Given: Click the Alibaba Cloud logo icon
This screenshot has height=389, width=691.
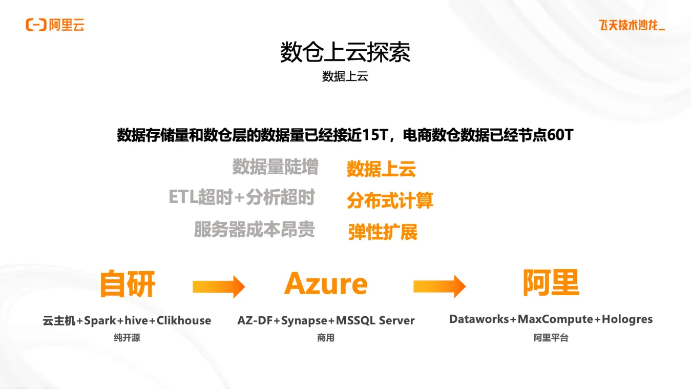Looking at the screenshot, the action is click(x=36, y=24).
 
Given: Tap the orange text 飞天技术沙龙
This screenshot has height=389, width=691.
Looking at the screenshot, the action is click(x=632, y=25).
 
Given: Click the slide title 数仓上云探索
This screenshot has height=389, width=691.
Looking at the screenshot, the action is click(x=345, y=52).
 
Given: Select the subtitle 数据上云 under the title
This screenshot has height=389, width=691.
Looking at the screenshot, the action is click(x=345, y=77).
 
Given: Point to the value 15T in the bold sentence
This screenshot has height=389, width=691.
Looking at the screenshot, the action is click(x=376, y=135).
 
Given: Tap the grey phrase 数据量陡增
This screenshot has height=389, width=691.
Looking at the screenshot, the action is click(x=275, y=167).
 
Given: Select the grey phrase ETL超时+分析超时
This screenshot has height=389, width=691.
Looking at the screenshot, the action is click(x=241, y=197).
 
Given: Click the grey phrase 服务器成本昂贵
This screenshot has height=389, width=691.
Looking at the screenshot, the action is click(x=254, y=229).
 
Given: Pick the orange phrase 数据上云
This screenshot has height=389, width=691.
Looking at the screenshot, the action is click(x=381, y=169).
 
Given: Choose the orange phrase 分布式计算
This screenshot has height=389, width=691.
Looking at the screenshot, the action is click(x=390, y=200).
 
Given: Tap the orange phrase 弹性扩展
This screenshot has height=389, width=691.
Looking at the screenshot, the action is click(x=383, y=232).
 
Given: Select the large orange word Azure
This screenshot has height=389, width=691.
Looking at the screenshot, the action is click(x=326, y=283).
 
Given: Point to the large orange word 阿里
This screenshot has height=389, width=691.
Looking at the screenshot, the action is click(x=551, y=282).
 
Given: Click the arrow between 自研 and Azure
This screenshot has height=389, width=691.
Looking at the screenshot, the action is click(x=219, y=286).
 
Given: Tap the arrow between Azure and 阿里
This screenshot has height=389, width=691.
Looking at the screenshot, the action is click(x=439, y=286).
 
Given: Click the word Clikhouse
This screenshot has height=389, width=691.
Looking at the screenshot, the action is click(x=184, y=321).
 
